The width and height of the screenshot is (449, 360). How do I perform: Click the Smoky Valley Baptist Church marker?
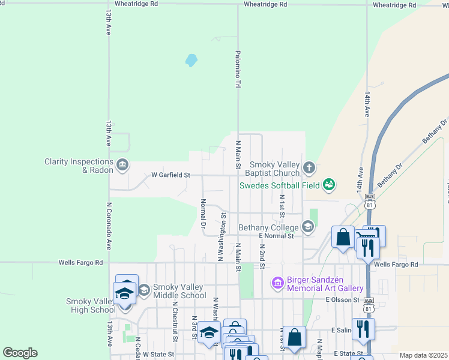[309, 167]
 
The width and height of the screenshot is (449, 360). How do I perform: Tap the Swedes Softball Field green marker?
[328, 184]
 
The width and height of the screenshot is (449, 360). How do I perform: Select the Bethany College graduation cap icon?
[308, 226]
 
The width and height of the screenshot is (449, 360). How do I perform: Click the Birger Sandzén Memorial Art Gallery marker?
[277, 282]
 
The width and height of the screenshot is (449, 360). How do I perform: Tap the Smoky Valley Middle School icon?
[143, 290]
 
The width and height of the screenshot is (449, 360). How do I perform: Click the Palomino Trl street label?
[238, 70]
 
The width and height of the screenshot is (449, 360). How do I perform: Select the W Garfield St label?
[170, 175]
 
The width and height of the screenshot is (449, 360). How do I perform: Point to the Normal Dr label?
[203, 214]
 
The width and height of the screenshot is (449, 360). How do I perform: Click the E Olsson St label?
[342, 299]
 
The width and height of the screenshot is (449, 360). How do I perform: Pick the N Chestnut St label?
[174, 321]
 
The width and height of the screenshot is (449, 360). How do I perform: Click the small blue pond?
[191, 60]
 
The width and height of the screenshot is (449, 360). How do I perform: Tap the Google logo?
[20, 353]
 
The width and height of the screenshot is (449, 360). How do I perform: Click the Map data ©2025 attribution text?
[423, 355]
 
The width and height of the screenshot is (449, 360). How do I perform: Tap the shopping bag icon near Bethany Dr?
[343, 236]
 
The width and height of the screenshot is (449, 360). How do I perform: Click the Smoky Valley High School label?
[91, 305]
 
